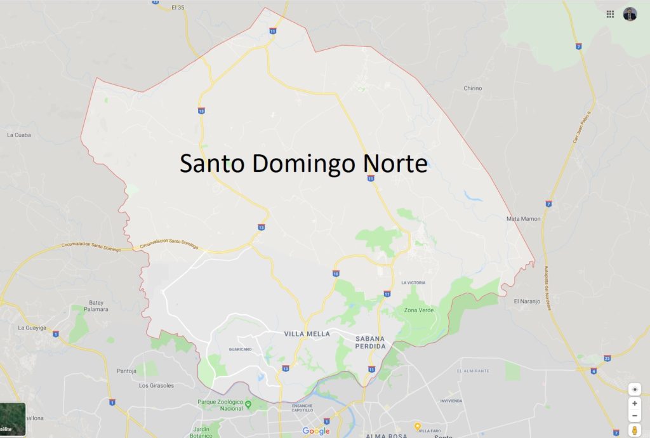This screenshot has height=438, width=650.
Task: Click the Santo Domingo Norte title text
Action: pos(303,163)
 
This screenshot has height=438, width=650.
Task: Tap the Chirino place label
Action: pos(473,88)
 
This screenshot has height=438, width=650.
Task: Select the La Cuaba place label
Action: pos(18,135)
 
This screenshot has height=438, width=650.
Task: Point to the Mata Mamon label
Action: pos(523,218)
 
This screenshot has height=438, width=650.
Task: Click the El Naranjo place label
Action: pos(526,301)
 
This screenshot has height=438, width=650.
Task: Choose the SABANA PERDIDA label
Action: pos(371,342)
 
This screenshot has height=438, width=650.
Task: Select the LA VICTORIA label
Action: pos(413,282)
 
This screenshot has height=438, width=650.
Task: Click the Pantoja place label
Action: pos(127,371)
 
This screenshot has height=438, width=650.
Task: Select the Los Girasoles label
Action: pos(156,385)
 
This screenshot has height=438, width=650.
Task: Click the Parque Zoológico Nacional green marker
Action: pos(248,404)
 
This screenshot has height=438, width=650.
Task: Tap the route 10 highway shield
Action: pos(335,274)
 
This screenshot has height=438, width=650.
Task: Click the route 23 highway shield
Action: pos(607,358)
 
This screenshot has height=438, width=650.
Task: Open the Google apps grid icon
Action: pos(610,14)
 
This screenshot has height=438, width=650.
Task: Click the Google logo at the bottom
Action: pos(316,432)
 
